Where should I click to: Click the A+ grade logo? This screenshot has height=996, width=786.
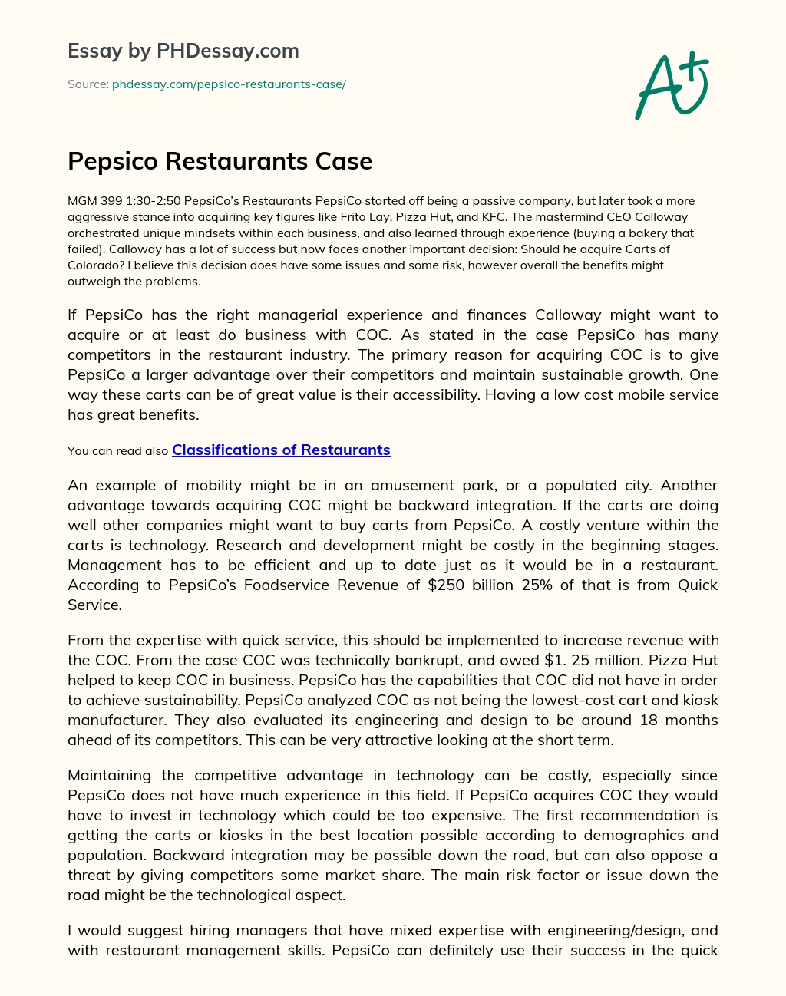(672, 86)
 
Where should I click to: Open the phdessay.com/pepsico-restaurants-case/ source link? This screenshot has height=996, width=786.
(229, 84)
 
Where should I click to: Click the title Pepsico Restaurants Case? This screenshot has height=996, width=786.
(220, 161)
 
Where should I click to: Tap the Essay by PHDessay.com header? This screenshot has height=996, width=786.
(183, 51)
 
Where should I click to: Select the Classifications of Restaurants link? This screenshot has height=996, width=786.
(281, 450)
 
